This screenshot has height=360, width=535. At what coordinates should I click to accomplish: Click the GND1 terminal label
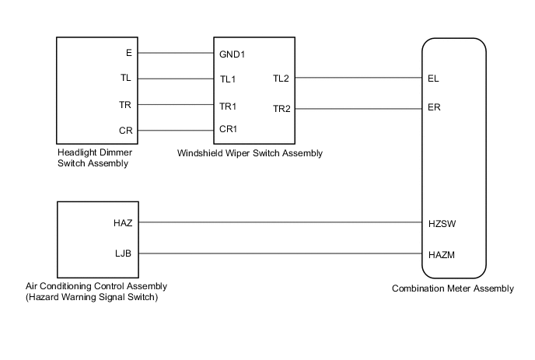click(x=233, y=54)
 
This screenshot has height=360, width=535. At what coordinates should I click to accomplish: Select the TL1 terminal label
click(x=228, y=79)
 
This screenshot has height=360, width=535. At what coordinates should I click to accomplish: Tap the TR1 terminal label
click(x=229, y=105)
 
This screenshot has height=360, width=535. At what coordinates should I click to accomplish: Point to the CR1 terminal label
click(x=229, y=130)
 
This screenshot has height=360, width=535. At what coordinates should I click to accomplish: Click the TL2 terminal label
click(x=281, y=79)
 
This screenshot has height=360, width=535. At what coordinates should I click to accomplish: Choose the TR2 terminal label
click(x=281, y=108)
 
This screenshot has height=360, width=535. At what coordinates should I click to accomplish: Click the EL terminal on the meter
click(x=433, y=79)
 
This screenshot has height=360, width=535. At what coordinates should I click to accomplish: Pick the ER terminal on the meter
click(x=434, y=108)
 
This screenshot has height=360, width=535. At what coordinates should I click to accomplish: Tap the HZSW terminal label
click(x=441, y=222)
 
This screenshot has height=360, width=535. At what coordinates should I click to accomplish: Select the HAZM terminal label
click(x=441, y=253)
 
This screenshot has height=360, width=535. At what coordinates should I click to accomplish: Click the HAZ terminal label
click(x=123, y=222)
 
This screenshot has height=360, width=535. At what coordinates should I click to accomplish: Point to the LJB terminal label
click(x=124, y=253)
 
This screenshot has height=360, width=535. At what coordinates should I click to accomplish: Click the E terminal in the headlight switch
click(x=128, y=54)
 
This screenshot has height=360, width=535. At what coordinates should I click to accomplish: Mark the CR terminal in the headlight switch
click(x=125, y=130)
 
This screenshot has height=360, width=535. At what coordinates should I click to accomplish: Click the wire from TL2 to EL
click(x=358, y=79)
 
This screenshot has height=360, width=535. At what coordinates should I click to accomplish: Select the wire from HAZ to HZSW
click(x=280, y=222)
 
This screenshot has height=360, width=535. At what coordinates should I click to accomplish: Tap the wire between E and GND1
click(x=177, y=54)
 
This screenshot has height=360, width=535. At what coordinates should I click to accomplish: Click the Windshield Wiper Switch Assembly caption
click(x=250, y=154)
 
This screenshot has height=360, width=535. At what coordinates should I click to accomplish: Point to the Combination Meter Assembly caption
click(x=453, y=289)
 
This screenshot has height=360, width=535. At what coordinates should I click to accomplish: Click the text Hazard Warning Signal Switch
click(x=96, y=297)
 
